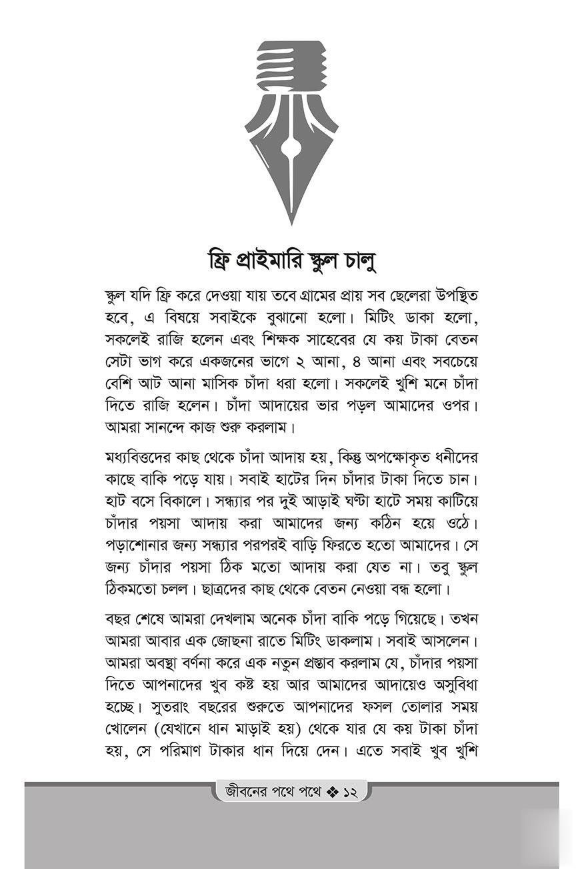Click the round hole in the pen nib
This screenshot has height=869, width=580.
(291, 143)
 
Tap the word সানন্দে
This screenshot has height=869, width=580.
(167, 426)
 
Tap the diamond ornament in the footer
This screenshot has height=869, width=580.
(333, 792)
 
